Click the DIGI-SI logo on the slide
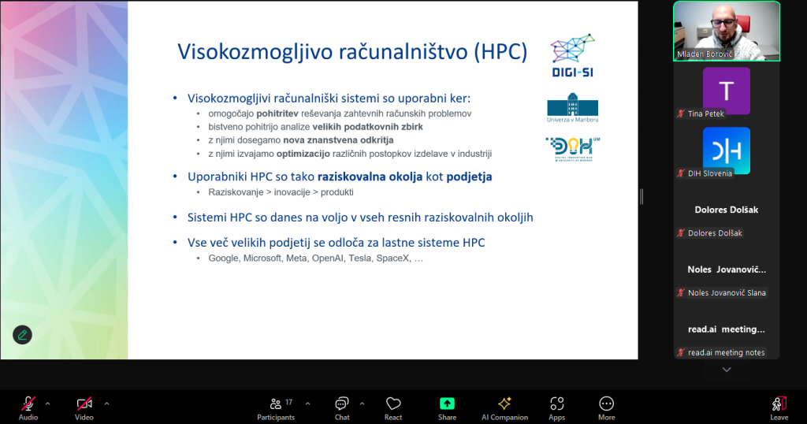pyautogui.click(x=572, y=56)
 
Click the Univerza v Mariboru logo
pyautogui.click(x=572, y=107)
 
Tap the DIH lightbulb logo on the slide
pyautogui.click(x=573, y=149)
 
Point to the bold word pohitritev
pyautogui.click(x=277, y=113)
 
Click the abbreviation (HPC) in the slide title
pyautogui.click(x=500, y=52)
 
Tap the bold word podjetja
pyautogui.click(x=469, y=177)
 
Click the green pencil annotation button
pyautogui.click(x=22, y=335)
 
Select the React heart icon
pyautogui.click(x=393, y=404)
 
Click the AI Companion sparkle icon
pyautogui.click(x=504, y=404)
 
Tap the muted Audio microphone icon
pyautogui.click(x=28, y=404)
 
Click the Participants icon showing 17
pyautogui.click(x=277, y=404)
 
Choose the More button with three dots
pyautogui.click(x=606, y=404)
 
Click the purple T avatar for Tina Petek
pyautogui.click(x=726, y=91)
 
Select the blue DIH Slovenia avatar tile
pyautogui.click(x=726, y=151)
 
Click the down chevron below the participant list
pyautogui.click(x=726, y=370)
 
